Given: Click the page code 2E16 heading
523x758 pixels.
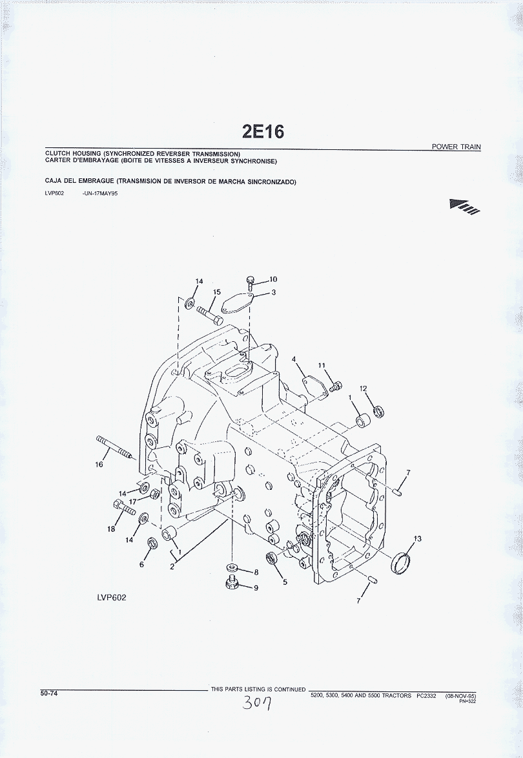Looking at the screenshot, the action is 263,131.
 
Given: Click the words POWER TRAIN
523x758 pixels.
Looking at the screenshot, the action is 456,147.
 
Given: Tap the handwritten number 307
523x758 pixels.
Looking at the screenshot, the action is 256,703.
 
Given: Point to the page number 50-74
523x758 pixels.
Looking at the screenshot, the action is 49,693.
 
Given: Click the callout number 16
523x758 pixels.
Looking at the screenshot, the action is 99,465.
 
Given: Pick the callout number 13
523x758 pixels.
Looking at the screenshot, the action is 417,538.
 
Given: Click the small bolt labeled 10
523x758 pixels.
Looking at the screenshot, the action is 250,283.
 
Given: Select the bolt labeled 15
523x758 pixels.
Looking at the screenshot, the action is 209,314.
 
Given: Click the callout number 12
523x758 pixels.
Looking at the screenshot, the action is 363,388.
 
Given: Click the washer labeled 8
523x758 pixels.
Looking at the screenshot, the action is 233,567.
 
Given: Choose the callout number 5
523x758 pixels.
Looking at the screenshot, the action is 285,582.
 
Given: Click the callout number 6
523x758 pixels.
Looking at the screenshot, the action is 141,564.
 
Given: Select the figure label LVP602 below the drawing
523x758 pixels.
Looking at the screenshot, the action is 112,598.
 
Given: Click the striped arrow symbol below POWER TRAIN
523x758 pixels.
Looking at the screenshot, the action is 465,206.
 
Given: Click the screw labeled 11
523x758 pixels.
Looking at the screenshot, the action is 336,386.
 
